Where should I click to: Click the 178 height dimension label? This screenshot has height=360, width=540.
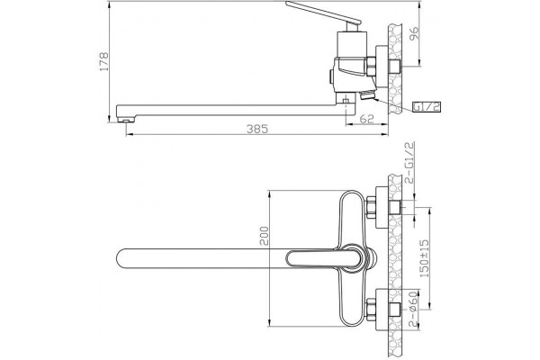point(104,61)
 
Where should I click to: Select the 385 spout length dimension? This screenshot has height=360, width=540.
point(256,129)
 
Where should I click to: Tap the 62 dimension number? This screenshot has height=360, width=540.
point(366,119)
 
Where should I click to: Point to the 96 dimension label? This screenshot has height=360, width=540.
point(414,33)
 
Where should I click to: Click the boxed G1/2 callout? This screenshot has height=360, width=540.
point(427,107)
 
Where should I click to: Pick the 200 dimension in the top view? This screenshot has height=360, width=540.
point(264,236)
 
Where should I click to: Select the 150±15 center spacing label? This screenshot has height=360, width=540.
point(424,258)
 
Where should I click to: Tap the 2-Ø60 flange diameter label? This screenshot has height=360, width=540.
point(412,309)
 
